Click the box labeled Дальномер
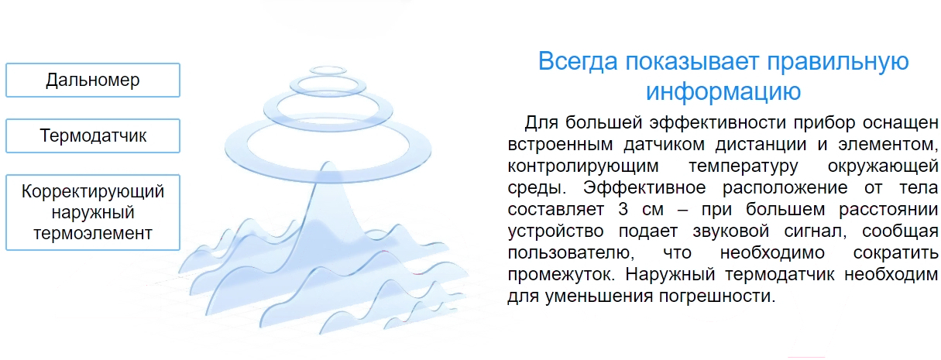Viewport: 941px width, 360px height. coord(93,81)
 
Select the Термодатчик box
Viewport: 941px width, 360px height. coord(93,135)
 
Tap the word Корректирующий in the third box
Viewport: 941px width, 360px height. coord(93,191)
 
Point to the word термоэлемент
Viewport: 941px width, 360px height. coord(93,233)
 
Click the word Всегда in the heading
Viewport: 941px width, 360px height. coord(578,61)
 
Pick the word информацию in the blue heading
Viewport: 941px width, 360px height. coord(723,91)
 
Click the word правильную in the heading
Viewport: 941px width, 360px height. coord(838,62)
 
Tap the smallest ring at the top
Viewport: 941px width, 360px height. coord(328,70)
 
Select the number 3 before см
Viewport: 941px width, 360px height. coord(623,209)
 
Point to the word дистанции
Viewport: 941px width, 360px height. coord(761,145)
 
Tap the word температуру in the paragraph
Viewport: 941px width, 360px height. coord(744,166)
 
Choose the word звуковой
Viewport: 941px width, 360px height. coord(731,231)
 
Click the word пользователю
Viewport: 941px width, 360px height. coord(571,253)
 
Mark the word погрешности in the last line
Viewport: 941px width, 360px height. coord(716,297)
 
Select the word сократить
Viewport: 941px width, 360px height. coord(895,253)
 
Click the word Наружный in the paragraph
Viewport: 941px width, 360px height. coord(670,275)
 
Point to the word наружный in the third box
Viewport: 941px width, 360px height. coord(93,213)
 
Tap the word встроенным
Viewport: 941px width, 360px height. coord(560,145)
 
